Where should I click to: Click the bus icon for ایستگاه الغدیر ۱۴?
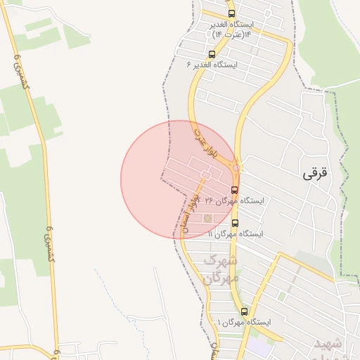point(231,14)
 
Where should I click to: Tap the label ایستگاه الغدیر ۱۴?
point(231,25)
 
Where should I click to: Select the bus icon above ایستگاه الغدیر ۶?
point(212,54)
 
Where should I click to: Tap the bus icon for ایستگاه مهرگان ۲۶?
point(234,190)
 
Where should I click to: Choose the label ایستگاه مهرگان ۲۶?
point(232,200)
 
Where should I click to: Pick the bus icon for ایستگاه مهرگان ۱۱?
point(234,223)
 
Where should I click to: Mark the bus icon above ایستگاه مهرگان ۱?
point(244,311)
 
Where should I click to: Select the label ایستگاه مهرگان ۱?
point(244,322)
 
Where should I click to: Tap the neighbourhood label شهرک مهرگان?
point(221,269)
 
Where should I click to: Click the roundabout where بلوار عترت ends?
point(237,168)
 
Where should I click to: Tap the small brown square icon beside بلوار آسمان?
point(207,218)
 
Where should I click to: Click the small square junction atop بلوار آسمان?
point(205,173)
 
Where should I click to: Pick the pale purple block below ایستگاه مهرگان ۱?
point(259,347)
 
